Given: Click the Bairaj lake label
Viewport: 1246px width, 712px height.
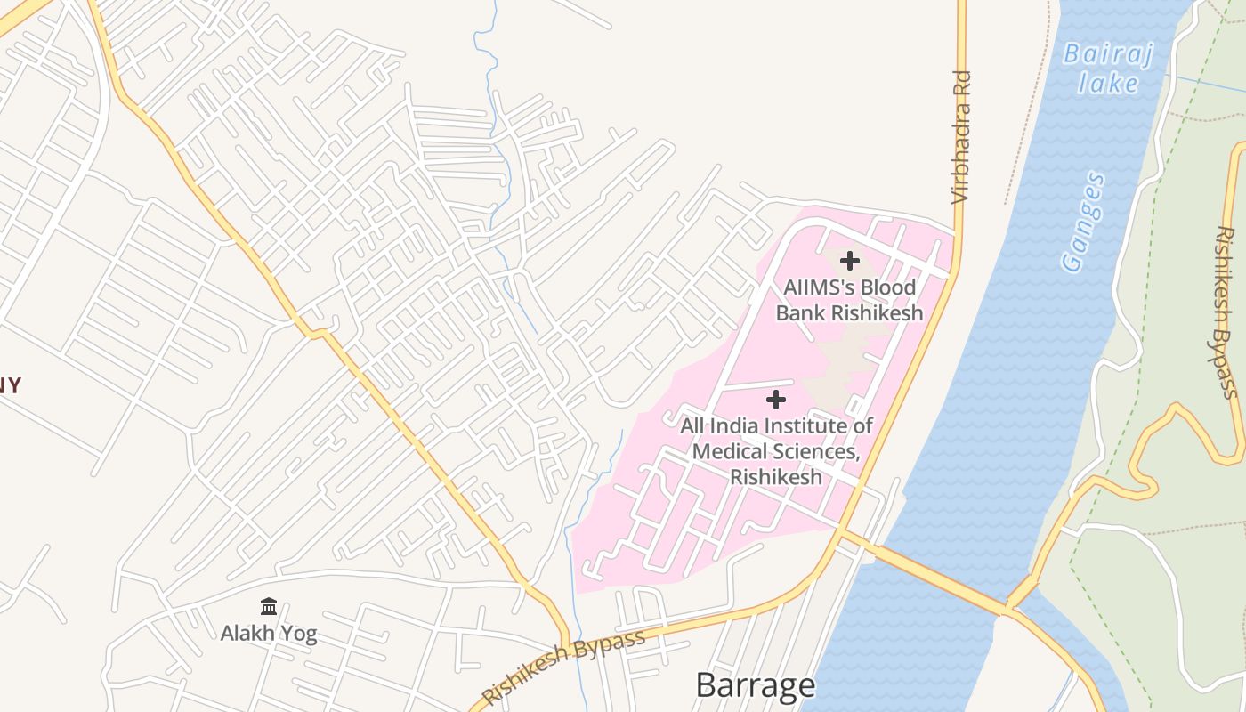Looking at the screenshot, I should coord(1108,68).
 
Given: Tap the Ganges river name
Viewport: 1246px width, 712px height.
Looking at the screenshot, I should coord(1084,222).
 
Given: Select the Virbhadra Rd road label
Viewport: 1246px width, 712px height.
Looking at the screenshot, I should coord(960,138).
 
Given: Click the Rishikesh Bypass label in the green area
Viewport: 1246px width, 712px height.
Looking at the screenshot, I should coord(1227,312).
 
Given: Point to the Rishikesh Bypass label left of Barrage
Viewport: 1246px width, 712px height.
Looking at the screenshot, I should coord(562,667).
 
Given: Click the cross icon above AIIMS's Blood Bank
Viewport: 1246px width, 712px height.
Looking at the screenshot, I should coord(850,261).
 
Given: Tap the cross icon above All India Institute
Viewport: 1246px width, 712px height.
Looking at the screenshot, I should coord(776,400).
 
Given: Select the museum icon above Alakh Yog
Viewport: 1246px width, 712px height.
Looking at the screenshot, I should coord(268,607).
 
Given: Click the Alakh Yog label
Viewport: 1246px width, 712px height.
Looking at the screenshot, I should coord(268,634).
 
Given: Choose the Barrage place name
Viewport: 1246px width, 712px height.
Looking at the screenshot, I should coord(755,685).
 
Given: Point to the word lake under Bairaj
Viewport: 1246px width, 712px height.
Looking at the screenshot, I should coord(1108,84).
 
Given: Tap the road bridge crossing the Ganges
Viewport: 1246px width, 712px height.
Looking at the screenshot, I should coord(943,578).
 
